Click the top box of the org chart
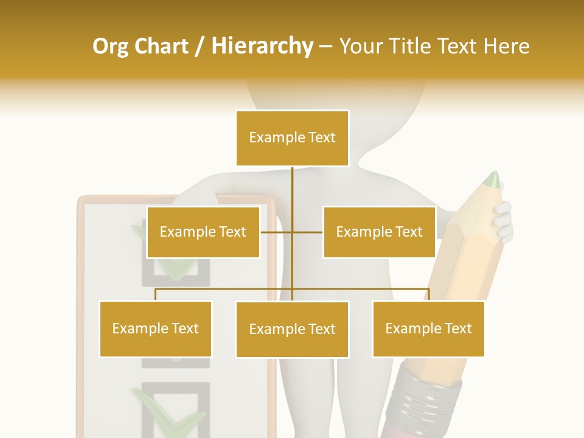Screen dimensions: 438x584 292,138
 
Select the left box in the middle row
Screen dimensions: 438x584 203,232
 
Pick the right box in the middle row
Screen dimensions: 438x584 379,232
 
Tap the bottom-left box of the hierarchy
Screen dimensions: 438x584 156,328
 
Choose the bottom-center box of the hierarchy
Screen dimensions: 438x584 292,329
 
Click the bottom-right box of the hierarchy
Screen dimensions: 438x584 428,328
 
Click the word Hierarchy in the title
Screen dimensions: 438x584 262,46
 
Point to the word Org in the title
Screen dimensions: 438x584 110,46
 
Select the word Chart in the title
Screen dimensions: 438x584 161,46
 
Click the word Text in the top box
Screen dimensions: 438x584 321,138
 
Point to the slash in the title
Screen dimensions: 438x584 200,46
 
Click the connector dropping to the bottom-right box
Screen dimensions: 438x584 429,295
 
